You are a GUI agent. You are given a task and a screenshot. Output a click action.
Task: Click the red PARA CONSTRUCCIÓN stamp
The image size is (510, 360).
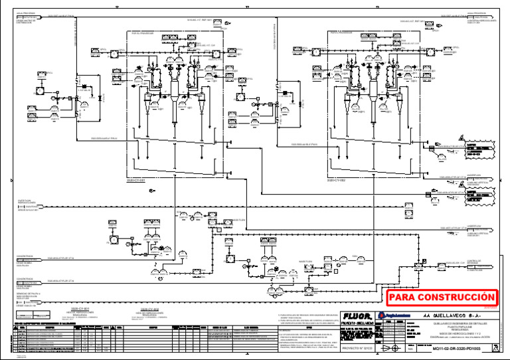(x=442, y=297)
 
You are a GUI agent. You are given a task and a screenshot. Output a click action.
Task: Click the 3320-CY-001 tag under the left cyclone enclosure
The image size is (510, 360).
(x=135, y=179)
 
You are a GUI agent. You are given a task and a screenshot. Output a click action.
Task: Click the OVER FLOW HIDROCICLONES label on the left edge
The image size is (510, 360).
(x=27, y=202)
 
